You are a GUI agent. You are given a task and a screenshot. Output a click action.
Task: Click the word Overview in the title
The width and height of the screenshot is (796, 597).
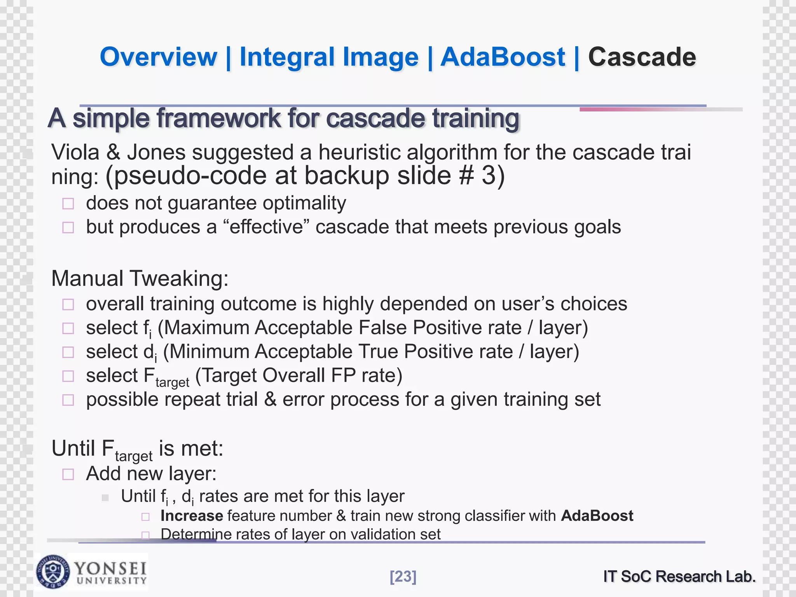tap(158, 57)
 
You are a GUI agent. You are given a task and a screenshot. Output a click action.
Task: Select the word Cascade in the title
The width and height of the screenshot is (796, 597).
tap(642, 57)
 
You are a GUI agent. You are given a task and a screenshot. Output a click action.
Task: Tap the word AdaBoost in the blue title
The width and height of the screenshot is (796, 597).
tap(503, 57)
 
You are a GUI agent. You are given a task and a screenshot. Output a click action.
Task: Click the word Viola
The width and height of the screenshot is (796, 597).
tap(75, 152)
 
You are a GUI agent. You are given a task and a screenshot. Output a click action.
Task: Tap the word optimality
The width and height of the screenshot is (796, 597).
tap(304, 203)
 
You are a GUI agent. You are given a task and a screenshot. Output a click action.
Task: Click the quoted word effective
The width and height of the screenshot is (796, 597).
tap(266, 227)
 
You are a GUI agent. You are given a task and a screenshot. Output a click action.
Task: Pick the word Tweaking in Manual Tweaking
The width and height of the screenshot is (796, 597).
tap(179, 278)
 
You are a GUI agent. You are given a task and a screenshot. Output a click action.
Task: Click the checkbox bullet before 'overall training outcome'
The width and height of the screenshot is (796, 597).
tap(68, 304)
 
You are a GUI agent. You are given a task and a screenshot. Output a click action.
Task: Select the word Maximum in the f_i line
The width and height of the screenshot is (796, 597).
tap(206, 327)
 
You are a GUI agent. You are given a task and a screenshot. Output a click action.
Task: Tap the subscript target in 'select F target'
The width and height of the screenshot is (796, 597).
tap(172, 382)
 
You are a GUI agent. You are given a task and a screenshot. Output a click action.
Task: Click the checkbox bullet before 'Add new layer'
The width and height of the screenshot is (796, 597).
tap(68, 474)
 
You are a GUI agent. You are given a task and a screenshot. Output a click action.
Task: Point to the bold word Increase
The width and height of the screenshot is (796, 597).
tap(192, 516)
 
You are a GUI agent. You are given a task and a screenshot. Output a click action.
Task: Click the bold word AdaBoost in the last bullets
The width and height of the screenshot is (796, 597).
tap(597, 516)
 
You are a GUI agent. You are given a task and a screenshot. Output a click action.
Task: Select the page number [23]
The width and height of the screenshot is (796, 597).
tap(403, 576)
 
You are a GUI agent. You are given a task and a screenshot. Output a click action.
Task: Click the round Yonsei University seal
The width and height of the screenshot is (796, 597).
tap(53, 572)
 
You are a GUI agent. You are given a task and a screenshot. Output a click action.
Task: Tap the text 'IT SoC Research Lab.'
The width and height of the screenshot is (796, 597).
tap(679, 576)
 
